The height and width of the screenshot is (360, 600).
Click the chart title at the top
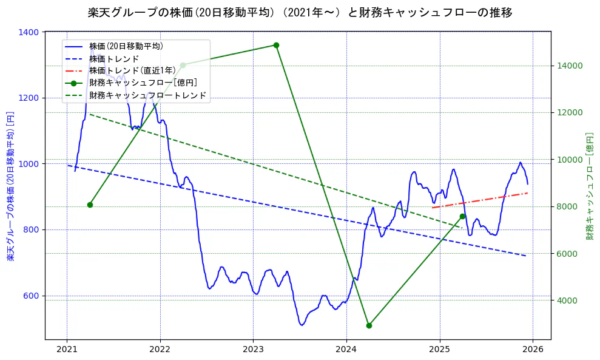click(x=300, y=12)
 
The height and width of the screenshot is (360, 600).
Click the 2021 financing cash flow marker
click(x=90, y=205)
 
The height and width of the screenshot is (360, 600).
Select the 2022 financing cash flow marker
click(x=183, y=65)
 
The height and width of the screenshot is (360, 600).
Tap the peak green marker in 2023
click(x=276, y=45)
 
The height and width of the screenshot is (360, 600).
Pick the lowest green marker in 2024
click(x=369, y=325)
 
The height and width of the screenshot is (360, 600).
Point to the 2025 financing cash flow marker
click(x=462, y=216)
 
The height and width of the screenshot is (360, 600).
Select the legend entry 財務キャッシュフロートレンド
click(x=147, y=95)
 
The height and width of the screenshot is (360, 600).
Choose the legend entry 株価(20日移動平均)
click(x=126, y=46)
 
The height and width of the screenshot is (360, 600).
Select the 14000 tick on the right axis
click(x=570, y=66)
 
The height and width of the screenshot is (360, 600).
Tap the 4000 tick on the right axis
click(x=567, y=300)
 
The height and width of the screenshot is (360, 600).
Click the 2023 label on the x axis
click(x=253, y=350)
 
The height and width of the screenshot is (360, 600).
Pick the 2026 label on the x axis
click(x=532, y=350)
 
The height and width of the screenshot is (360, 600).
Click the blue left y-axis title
click(x=10, y=186)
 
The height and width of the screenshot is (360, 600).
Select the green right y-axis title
click(x=589, y=186)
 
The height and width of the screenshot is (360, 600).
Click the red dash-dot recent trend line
click(x=479, y=200)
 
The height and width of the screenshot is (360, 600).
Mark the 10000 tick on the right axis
click(x=570, y=160)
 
